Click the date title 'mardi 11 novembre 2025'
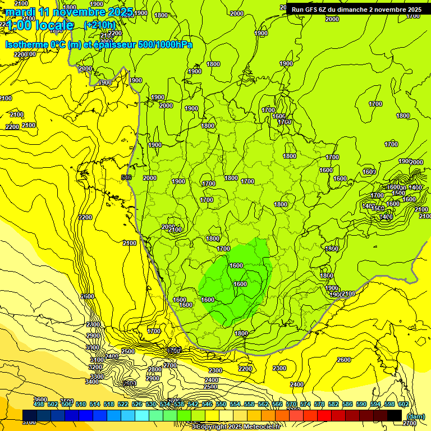70,12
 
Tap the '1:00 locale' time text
40,25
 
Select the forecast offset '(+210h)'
99,25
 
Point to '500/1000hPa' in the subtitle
167,44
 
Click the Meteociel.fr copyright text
236,427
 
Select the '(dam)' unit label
415,416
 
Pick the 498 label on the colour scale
38,404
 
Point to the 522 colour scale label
122,404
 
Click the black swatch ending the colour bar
395,415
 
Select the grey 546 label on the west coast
126,177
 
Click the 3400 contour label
92,382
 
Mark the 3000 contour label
92,348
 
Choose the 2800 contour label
154,369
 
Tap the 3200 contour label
96,368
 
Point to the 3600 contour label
40,400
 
